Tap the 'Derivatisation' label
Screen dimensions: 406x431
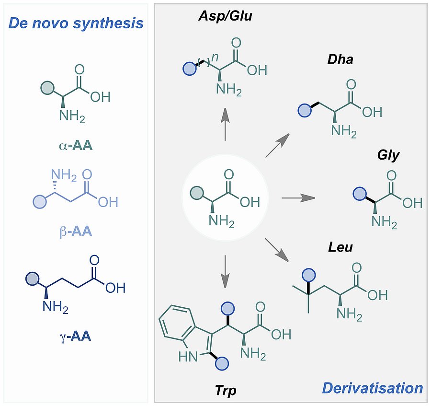(x=373, y=388)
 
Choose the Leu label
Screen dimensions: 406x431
(x=340, y=247)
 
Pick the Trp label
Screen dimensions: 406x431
(x=226, y=391)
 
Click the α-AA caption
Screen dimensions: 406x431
(x=76, y=144)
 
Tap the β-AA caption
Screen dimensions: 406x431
(x=76, y=232)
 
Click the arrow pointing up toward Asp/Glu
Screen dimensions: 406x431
(x=225, y=124)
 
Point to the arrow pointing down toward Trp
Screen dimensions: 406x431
(x=225, y=271)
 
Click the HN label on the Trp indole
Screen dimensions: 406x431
(x=186, y=357)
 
